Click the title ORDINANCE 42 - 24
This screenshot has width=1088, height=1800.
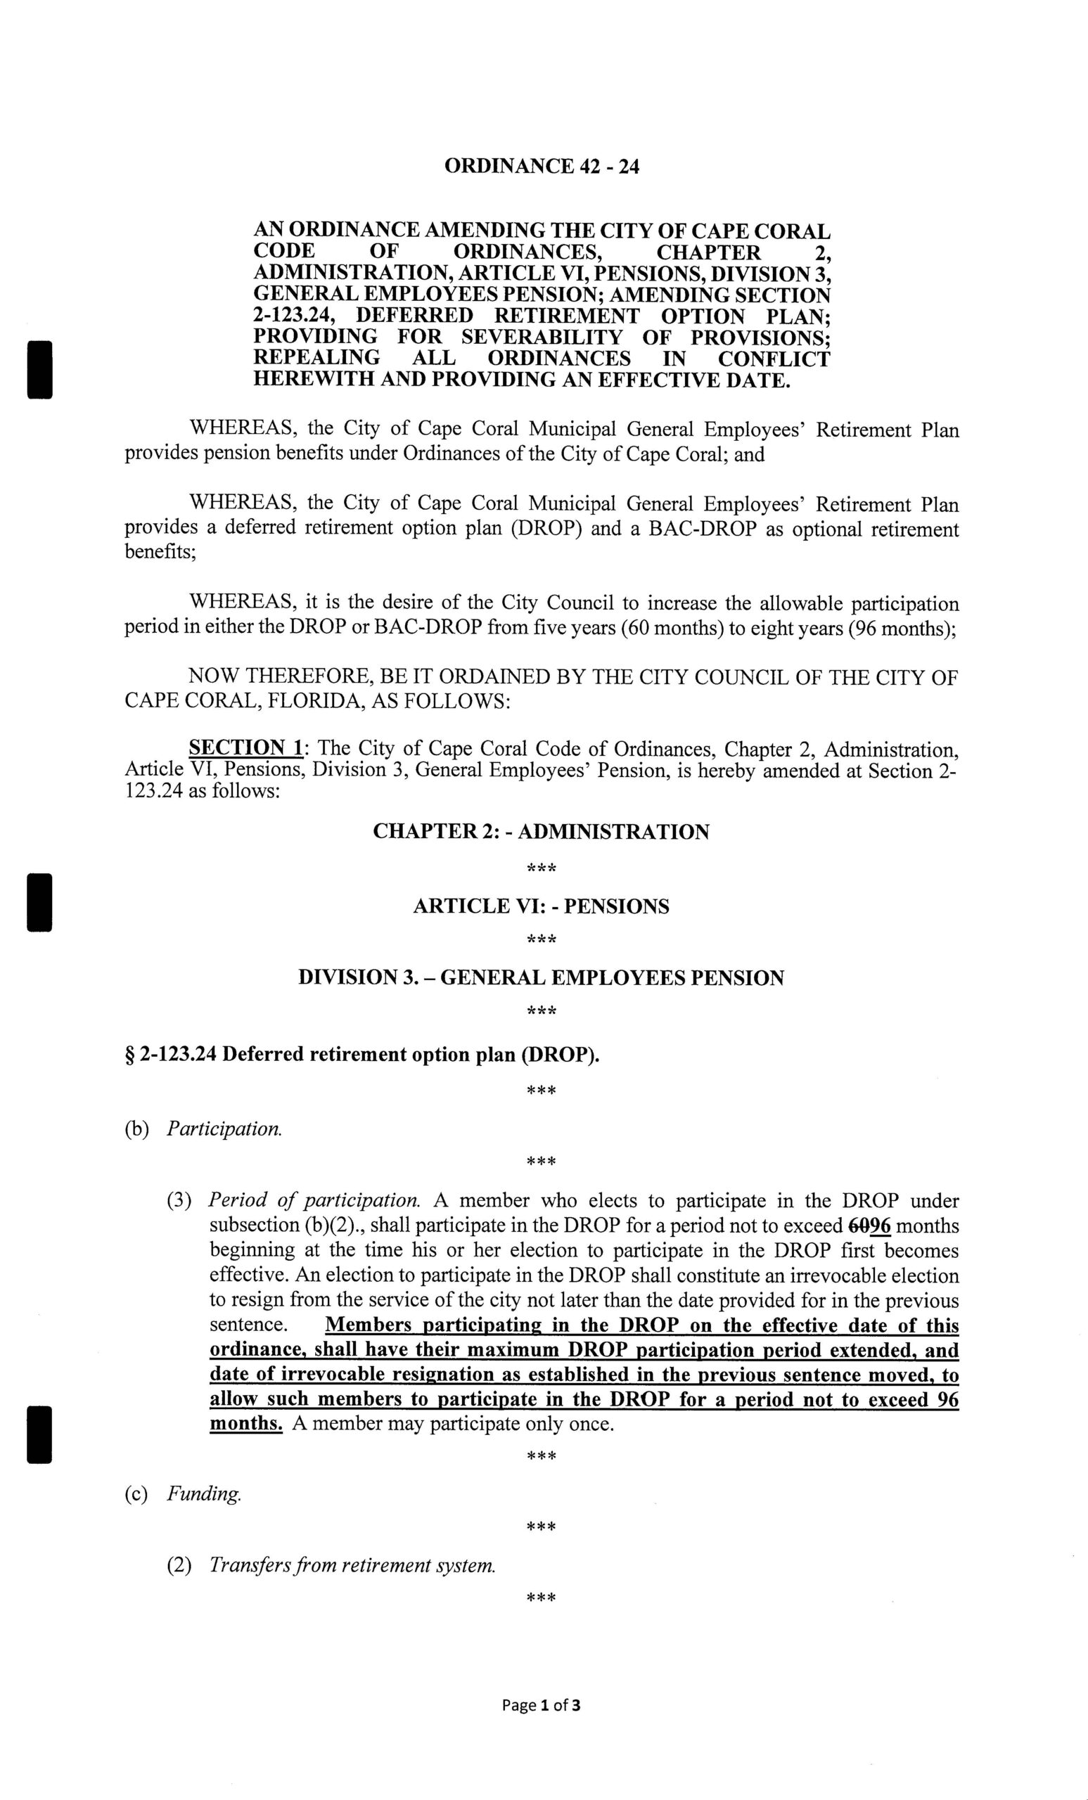542,167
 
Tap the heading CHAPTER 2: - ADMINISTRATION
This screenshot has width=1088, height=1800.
541,832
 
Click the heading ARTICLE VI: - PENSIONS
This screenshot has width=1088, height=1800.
541,906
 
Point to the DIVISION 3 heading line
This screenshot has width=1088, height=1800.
541,977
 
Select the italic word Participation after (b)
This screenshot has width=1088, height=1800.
224,1129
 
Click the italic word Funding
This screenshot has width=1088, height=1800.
204,1494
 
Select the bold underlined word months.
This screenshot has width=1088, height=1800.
245,1424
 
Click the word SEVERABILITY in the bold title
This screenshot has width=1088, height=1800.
542,337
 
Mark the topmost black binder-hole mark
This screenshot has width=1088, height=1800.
39,369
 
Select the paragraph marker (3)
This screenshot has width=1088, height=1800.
180,1200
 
